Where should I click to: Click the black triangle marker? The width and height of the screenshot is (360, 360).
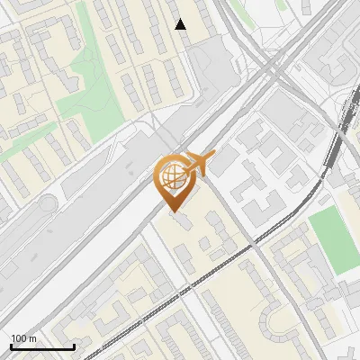(181, 24)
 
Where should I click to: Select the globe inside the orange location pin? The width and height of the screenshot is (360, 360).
(172, 176)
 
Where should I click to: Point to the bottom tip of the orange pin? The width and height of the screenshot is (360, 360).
(172, 211)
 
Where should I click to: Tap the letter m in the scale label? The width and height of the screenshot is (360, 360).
(33, 338)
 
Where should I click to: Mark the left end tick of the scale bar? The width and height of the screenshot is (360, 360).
(11, 346)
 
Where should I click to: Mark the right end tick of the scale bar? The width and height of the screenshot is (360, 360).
(74, 346)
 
